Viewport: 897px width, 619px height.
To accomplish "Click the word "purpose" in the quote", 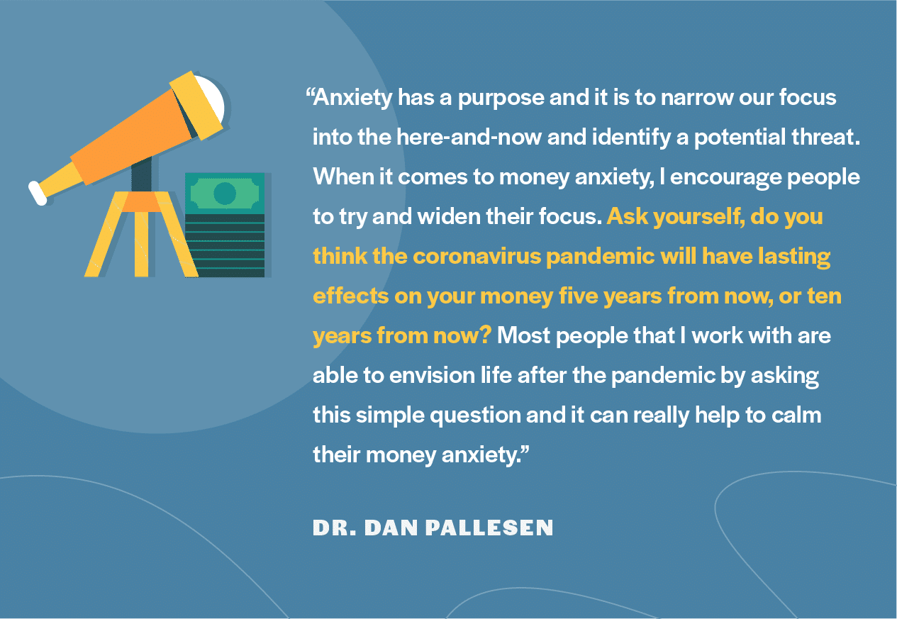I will coord(500,97).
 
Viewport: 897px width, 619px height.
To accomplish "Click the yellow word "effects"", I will coord(350,296).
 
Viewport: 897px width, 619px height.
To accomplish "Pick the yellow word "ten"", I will coord(824,296).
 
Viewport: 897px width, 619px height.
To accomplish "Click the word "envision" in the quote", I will coord(450,375).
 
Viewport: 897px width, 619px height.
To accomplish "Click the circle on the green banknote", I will coord(224,193).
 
